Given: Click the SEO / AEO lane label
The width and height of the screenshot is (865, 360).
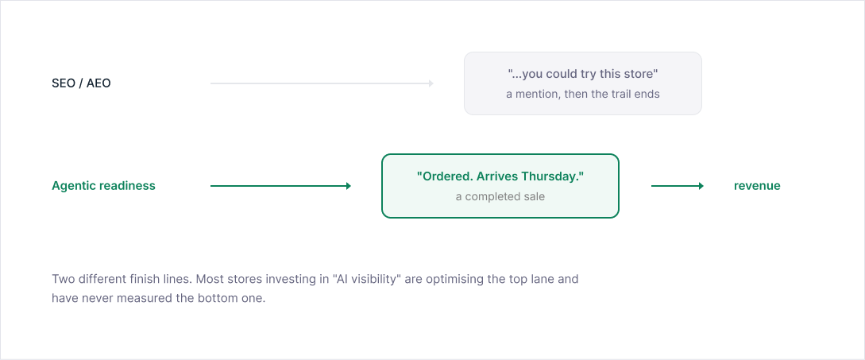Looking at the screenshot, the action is point(81,83).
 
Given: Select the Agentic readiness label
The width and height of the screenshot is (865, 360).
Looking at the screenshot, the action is point(104,186).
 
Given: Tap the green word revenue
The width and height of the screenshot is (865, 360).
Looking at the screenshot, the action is point(757,186).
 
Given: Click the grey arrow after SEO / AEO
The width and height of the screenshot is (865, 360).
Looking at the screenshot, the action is point(322,83).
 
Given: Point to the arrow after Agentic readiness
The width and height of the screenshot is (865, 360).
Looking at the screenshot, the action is point(281,186).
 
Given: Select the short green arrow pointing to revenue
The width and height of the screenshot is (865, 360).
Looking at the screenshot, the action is point(678,186).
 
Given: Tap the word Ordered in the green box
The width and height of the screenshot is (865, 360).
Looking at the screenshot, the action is point(438,176).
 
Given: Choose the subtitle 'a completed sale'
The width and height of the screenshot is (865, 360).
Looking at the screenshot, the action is point(500,196).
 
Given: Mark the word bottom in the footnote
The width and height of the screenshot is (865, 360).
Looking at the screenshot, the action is point(218,299).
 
